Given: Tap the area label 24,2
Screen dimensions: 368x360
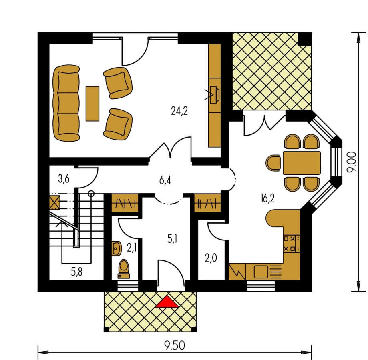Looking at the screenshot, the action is click(179, 111).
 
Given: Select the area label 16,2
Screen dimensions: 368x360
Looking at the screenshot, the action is click(267, 198).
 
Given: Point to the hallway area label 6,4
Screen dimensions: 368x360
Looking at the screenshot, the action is click(165, 180).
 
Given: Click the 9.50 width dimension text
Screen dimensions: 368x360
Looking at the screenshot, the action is click(175, 346).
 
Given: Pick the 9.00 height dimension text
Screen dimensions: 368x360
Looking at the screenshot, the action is click(352, 162).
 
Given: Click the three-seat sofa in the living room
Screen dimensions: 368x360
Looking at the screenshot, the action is click(66, 103).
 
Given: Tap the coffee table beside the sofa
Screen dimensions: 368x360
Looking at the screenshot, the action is click(92, 104).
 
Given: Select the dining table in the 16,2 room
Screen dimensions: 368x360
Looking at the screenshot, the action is click(302, 163).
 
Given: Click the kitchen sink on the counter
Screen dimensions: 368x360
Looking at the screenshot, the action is click(261, 272).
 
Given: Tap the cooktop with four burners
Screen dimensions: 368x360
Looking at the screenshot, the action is click(292, 243).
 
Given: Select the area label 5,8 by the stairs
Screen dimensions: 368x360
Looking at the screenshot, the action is click(77, 272).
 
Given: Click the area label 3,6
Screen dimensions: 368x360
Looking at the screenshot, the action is click(64, 180).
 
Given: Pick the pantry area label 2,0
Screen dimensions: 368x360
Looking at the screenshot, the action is click(211, 258).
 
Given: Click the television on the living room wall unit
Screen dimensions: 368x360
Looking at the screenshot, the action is click(215, 95).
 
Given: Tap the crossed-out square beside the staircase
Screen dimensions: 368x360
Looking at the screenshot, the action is click(55, 202).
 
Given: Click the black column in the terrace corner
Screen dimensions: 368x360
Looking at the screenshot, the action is click(304, 39).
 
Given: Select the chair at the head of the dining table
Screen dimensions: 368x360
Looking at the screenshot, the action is click(273, 163).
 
